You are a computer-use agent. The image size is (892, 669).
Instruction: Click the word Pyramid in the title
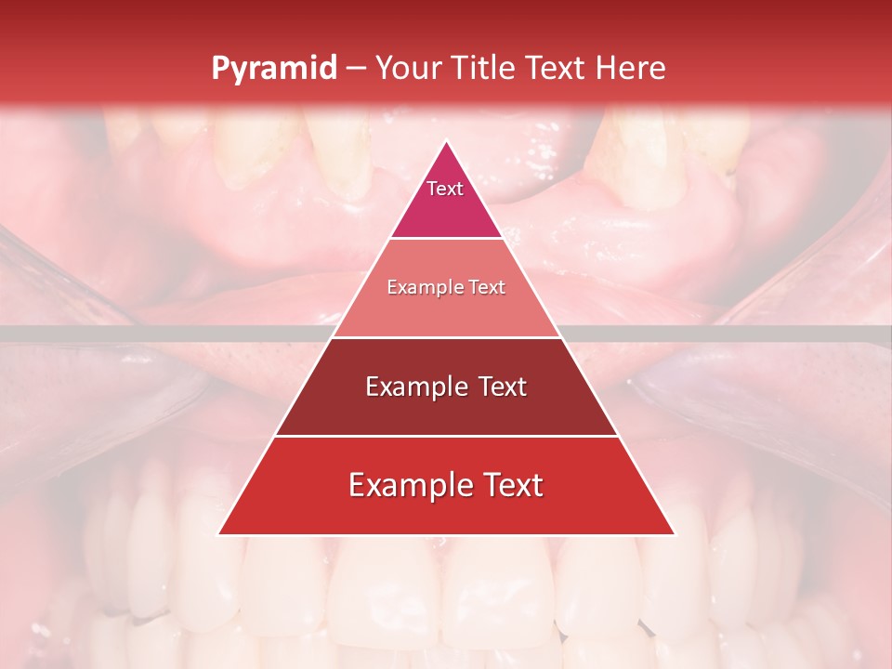[273, 69]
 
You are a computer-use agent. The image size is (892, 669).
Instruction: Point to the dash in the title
[355, 69]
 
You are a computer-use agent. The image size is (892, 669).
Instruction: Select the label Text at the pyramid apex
[445, 189]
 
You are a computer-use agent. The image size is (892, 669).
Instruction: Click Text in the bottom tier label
[509, 485]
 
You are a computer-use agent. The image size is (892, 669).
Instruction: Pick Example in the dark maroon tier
[414, 387]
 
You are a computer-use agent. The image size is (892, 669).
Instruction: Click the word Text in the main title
[557, 68]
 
